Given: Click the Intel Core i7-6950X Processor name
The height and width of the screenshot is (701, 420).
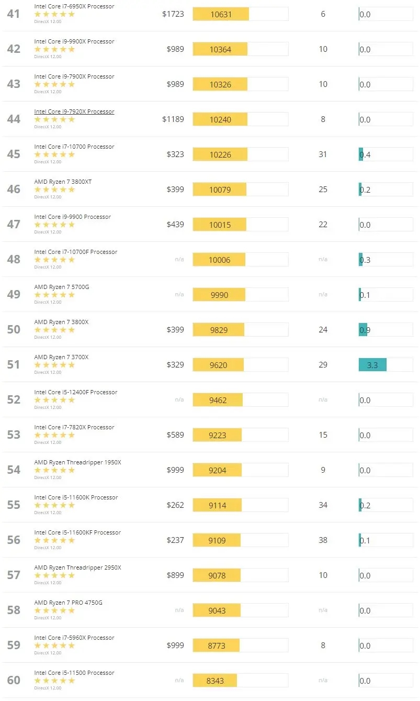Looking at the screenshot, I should tap(74, 6).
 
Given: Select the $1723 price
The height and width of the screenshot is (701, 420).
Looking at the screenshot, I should tap(173, 14).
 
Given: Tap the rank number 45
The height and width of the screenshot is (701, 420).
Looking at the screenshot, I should tap(14, 154).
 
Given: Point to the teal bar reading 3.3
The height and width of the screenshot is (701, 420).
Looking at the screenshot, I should tap(372, 365).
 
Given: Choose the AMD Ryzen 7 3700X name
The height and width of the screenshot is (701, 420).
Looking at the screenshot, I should tap(61, 357).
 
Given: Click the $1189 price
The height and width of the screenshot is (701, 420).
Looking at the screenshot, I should tap(173, 119).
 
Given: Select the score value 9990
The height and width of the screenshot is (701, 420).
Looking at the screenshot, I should tap(219, 295).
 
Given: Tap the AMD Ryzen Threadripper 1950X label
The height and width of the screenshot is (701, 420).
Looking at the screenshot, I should tap(77, 462).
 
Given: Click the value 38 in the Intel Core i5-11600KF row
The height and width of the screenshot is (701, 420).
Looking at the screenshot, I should tap(323, 540).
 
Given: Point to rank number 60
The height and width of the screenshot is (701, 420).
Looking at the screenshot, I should tap(14, 680).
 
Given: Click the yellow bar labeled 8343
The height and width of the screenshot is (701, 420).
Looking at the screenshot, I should tap(215, 681).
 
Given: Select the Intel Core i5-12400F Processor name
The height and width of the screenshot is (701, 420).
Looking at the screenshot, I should tap(75, 392).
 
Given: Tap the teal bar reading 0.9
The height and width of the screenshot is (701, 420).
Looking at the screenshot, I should tap(363, 330).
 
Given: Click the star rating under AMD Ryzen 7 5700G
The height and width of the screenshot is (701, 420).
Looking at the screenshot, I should tap(54, 295).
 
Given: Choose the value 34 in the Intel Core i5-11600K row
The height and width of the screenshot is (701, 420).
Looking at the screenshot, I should tap(323, 505).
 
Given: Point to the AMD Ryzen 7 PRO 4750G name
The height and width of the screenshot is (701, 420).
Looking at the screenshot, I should tap(68, 603).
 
